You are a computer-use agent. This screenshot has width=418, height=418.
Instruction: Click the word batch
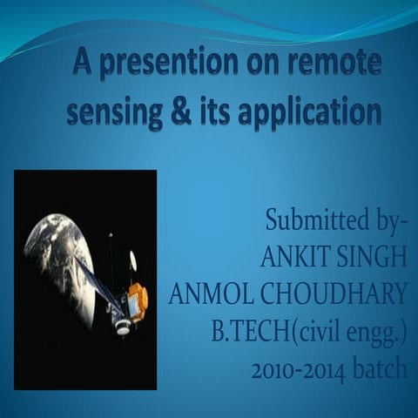[x=381, y=369]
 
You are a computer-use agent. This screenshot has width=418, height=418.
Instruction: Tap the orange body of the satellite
[x=138, y=301]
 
